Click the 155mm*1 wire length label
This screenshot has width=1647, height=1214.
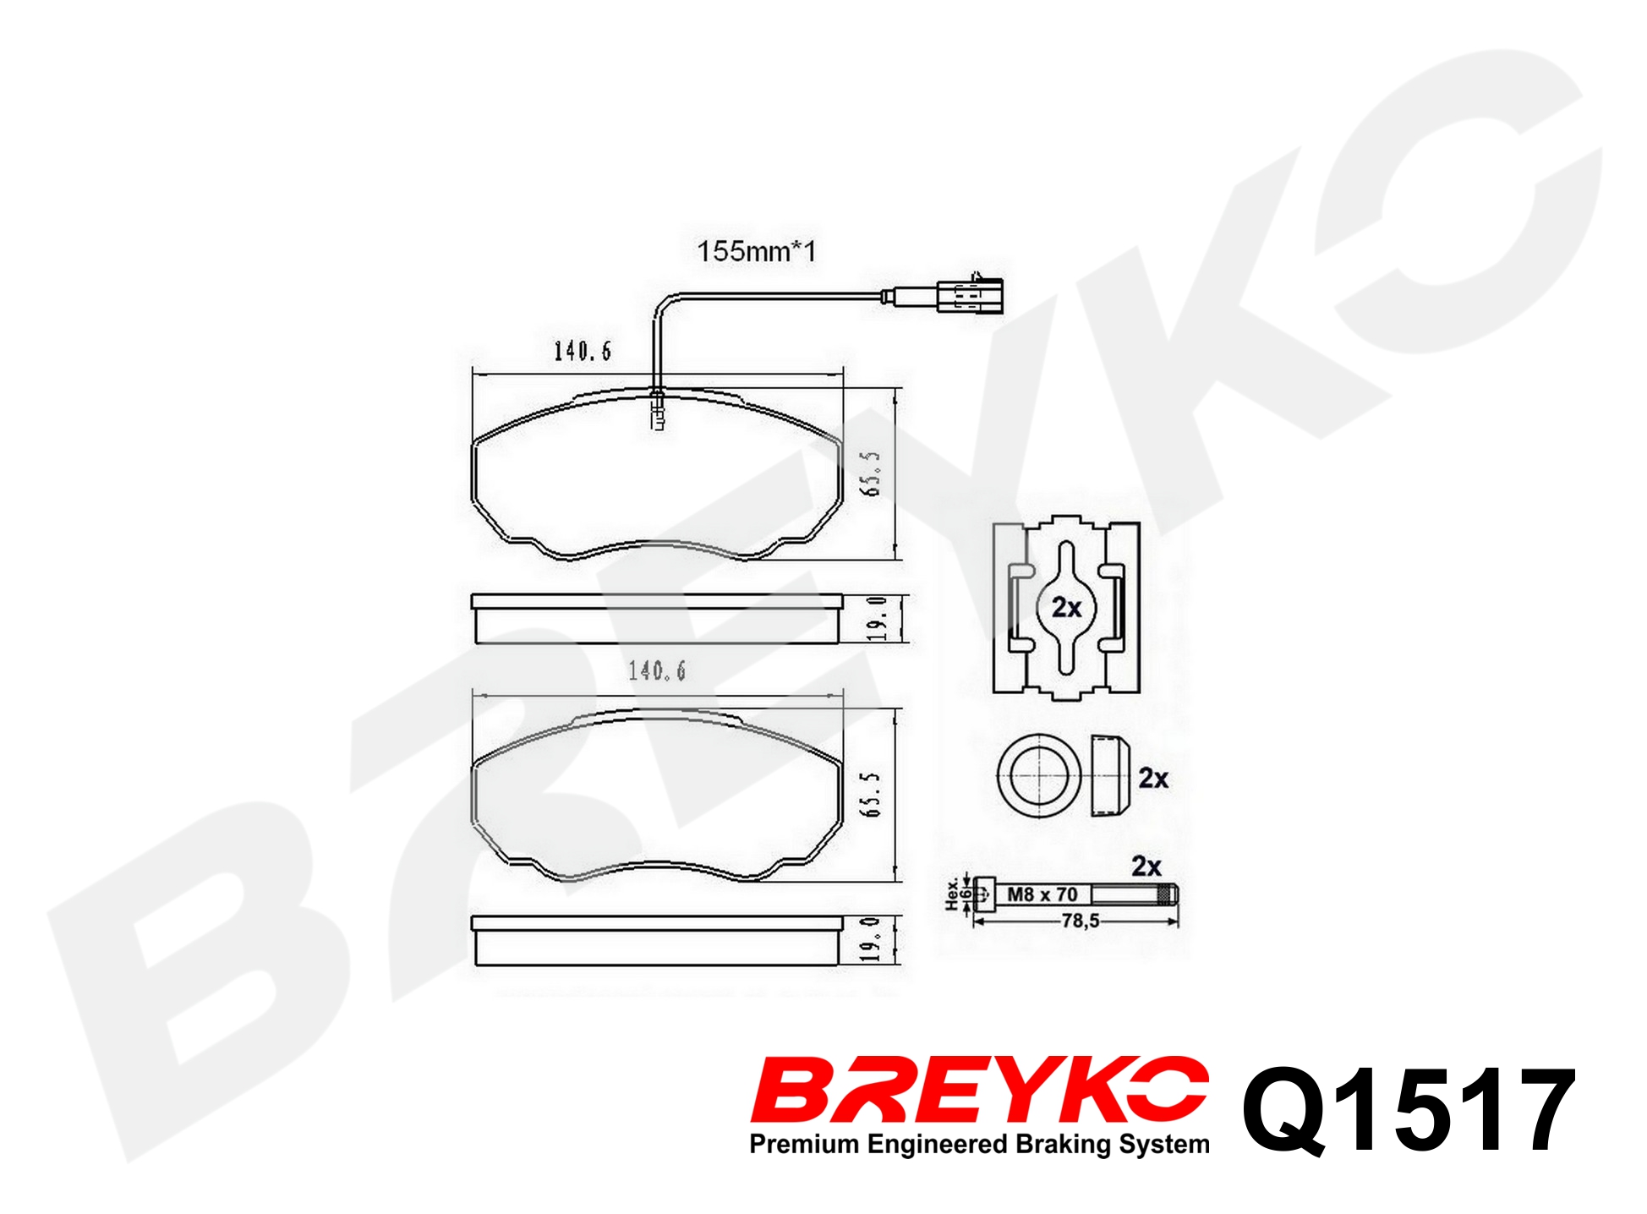click(756, 251)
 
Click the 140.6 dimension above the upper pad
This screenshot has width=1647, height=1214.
click(582, 351)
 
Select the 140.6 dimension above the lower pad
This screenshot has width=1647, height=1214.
click(656, 670)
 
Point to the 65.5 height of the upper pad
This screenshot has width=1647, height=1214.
click(871, 473)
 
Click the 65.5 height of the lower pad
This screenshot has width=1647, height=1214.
click(871, 794)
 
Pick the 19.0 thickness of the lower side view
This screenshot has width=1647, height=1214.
click(871, 939)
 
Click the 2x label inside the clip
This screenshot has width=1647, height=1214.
click(1066, 607)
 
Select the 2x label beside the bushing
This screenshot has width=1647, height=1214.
click(1153, 778)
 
